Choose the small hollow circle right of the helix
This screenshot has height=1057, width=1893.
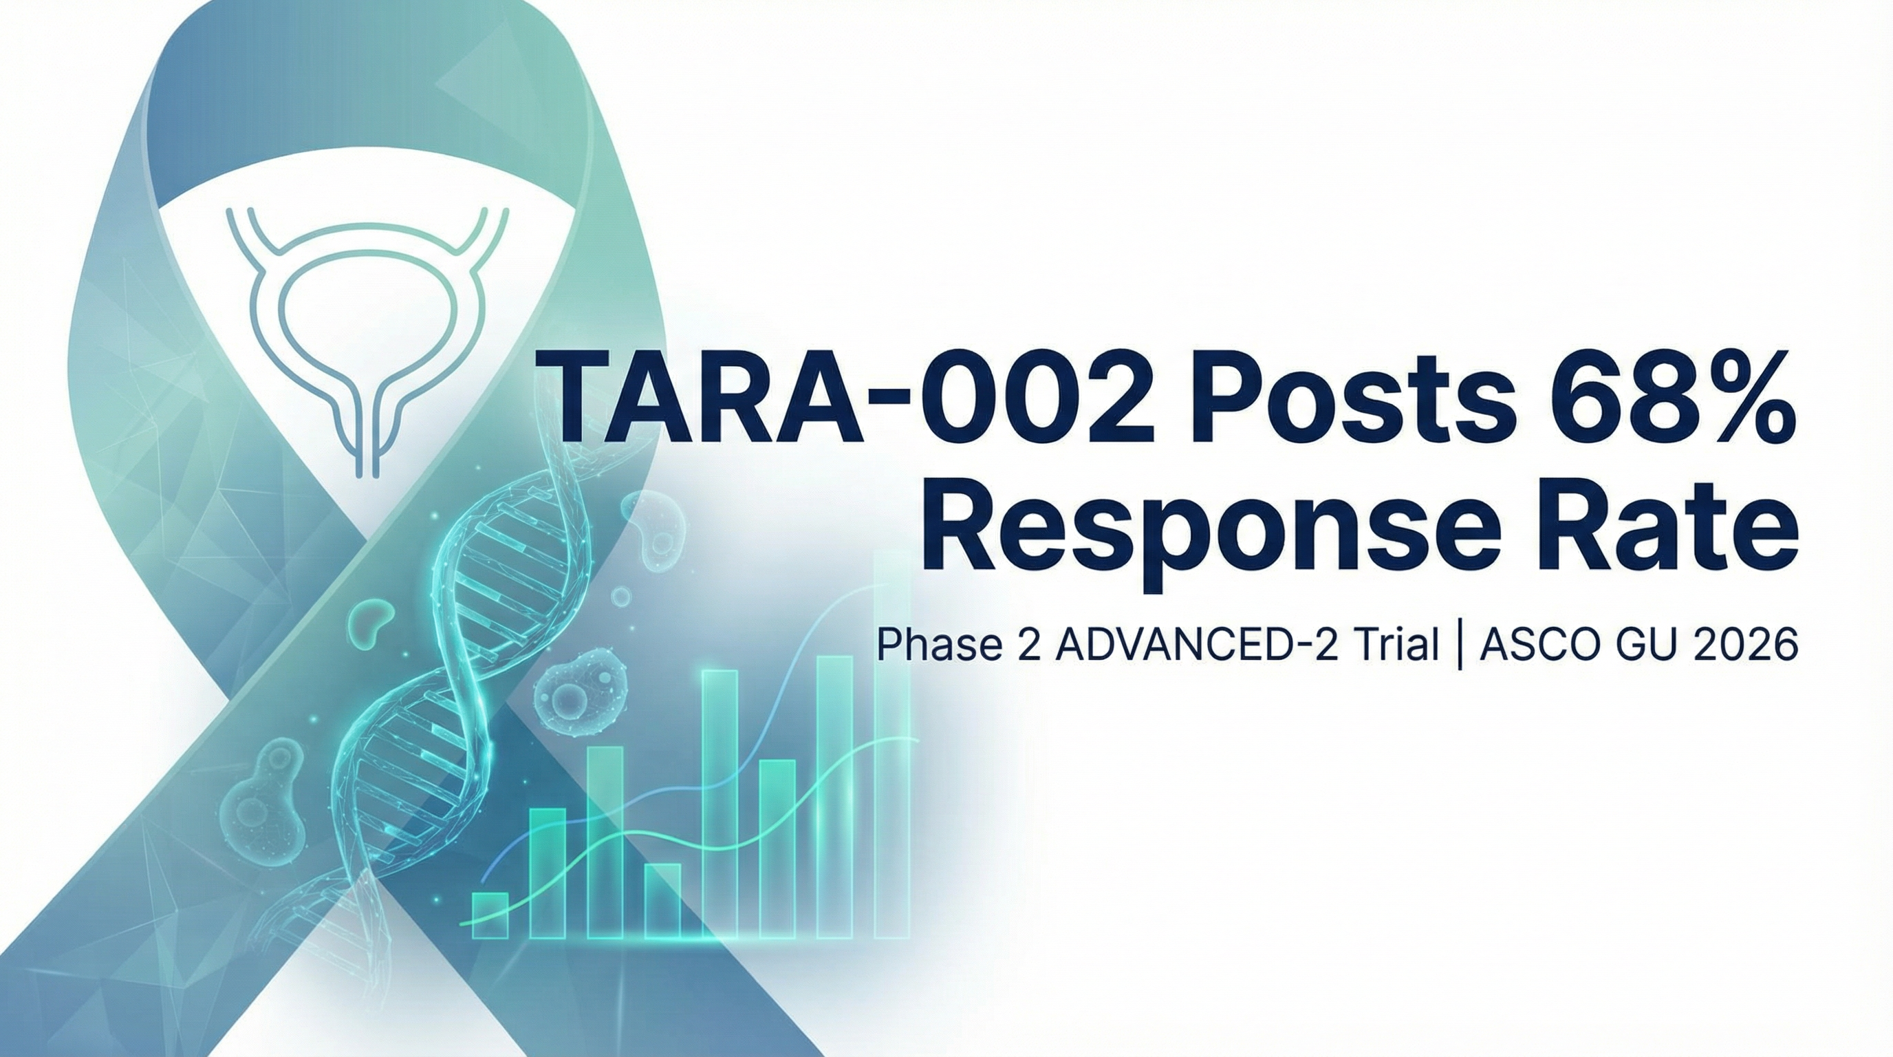622,596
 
